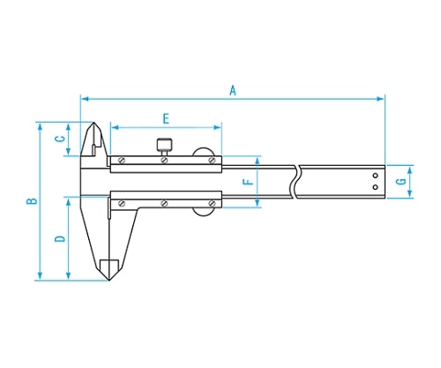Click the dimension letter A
pos(233,90)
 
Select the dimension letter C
pos(61,139)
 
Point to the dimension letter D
pos(60,238)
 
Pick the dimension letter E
pos(166,119)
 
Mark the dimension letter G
pos(401,181)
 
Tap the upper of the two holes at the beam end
pos(375,176)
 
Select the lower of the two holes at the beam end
pos(375,187)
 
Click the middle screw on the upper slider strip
pos(165,161)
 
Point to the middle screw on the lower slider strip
pos(165,203)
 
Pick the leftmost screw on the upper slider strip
pos(122,161)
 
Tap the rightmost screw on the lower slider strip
pos(212,203)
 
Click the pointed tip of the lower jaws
pos(109,280)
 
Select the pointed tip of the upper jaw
pos(93,123)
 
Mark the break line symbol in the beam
pos(295,182)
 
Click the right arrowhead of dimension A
pos(380,99)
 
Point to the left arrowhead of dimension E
pos(115,127)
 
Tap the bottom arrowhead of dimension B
pos(40,276)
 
